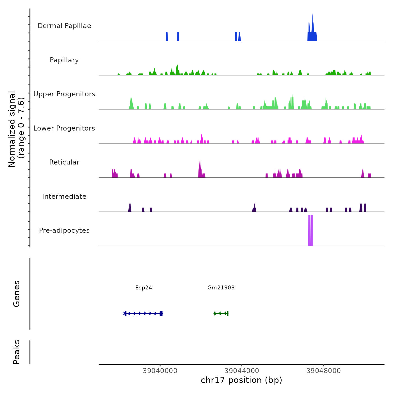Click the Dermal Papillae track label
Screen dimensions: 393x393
(64, 26)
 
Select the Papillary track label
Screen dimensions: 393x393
(64, 60)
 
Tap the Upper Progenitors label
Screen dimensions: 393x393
(64, 94)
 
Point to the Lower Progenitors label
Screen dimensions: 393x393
(64, 128)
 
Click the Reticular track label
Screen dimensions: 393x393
(64, 162)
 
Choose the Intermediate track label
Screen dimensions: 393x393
(64, 196)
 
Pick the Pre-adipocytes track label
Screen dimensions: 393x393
(64, 230)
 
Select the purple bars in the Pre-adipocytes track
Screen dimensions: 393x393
(311, 230)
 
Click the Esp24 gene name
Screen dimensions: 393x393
(144, 287)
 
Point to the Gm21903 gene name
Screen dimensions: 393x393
(221, 287)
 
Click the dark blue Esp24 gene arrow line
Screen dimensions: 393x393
(143, 313)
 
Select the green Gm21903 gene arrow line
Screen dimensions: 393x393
(221, 313)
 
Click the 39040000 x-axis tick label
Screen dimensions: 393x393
(160, 371)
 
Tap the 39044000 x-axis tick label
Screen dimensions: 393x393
(242, 371)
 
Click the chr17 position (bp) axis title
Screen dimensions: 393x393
(241, 380)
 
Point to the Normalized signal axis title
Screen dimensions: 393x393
(16, 129)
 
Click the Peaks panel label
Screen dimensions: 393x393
(17, 352)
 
